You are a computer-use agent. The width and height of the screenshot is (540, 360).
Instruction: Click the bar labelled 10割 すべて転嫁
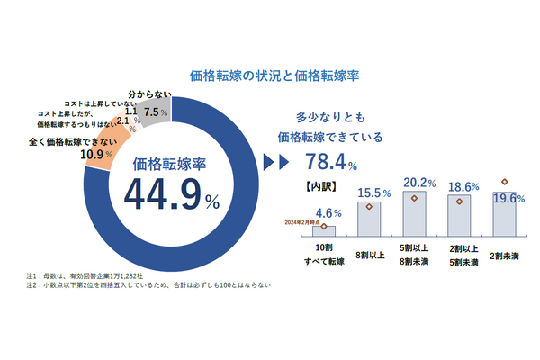pyautogui.click(x=324, y=231)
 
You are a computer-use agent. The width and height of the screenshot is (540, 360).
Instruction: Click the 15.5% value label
pyautogui.click(x=372, y=193)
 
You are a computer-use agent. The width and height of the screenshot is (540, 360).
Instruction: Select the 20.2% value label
pyautogui.click(x=418, y=183)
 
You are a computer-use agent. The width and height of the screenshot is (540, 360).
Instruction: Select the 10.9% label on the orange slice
pyautogui.click(x=97, y=154)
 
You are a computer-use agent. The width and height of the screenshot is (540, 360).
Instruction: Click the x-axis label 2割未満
pyautogui.click(x=504, y=254)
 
